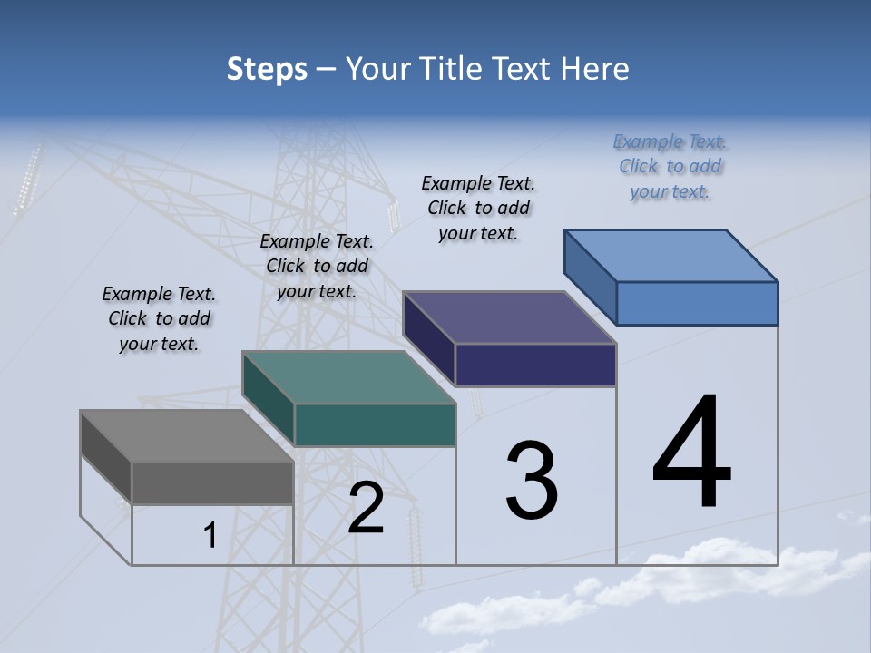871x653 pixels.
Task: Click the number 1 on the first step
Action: [x=210, y=536]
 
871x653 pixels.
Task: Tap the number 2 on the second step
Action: [x=366, y=508]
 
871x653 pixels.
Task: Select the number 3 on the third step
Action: [x=532, y=481]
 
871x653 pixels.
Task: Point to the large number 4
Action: [x=691, y=453]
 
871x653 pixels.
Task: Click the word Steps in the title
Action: [x=267, y=69]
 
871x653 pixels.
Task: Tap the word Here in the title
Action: [x=595, y=69]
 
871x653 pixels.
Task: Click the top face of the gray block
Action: [x=186, y=436]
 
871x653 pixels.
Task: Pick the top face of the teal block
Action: [x=347, y=377]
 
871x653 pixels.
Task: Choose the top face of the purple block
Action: [x=509, y=317]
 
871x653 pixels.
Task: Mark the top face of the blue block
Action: [x=670, y=255]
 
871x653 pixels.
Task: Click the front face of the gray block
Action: [x=212, y=482]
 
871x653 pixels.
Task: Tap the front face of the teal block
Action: [x=375, y=425]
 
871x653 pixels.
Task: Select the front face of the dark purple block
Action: [x=535, y=365]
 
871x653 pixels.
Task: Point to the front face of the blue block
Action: [x=697, y=303]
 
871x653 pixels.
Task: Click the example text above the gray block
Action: [x=159, y=318]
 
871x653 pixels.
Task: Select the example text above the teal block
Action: [x=317, y=266]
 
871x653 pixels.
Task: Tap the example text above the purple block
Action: [x=478, y=208]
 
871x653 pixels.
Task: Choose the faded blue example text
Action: [x=670, y=166]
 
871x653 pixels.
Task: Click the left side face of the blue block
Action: [x=591, y=276]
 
